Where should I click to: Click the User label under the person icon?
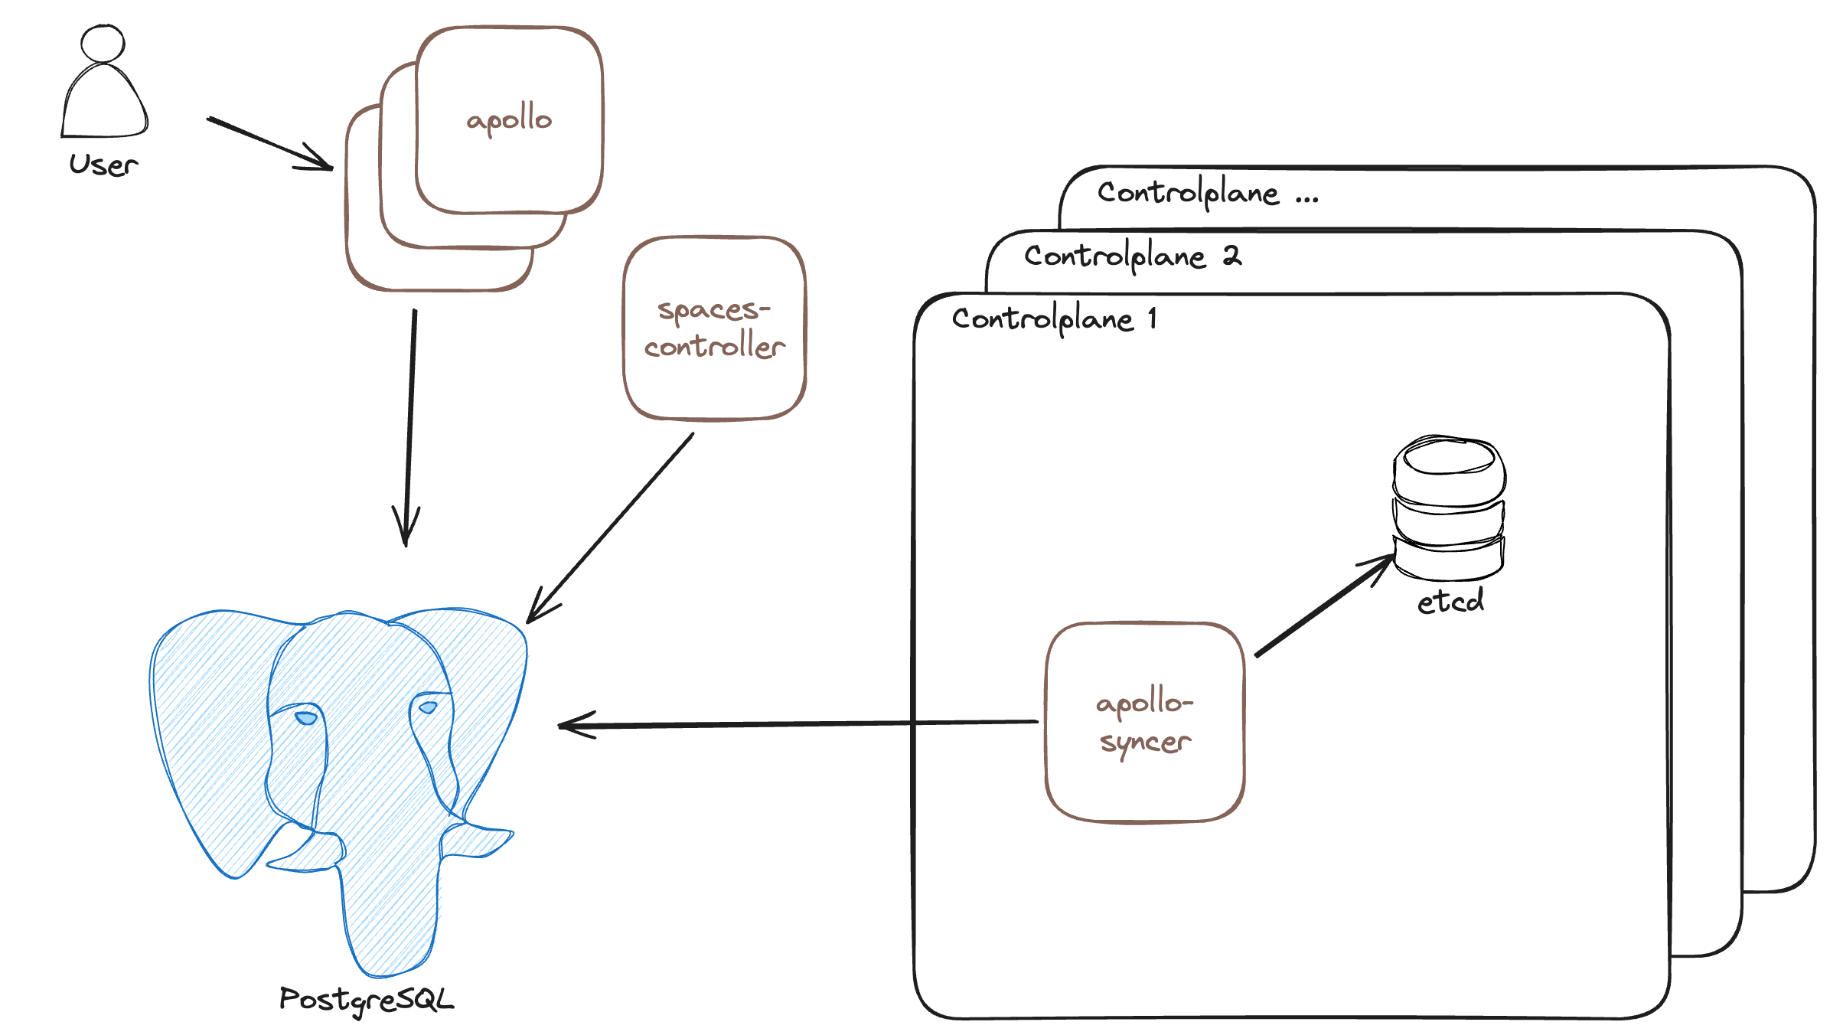(x=103, y=165)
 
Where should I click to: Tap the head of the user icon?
(x=103, y=43)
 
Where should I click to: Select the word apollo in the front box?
(x=509, y=119)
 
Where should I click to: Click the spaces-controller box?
(x=714, y=328)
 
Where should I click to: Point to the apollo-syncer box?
(x=1145, y=722)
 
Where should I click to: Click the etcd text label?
(x=1450, y=601)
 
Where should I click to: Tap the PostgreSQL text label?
(x=366, y=1000)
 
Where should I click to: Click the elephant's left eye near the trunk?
(x=306, y=717)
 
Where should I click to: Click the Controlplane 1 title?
(x=1053, y=318)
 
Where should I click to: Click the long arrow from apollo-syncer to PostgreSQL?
(x=796, y=723)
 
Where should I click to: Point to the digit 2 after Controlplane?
(x=1231, y=255)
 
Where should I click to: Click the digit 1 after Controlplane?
(x=1152, y=318)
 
